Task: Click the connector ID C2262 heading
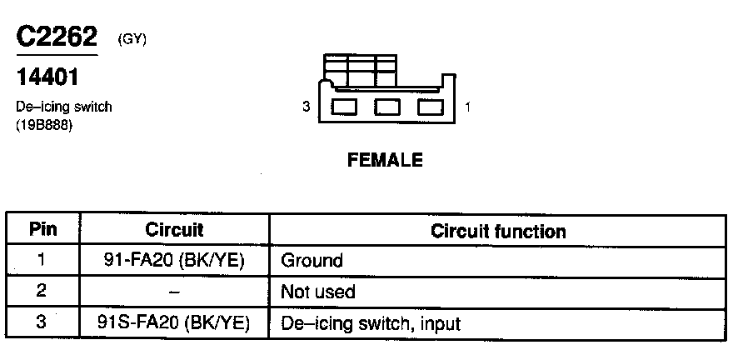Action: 57,37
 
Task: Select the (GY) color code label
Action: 132,38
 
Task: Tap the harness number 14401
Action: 48,78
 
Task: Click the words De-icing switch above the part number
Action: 64,107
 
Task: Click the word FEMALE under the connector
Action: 385,160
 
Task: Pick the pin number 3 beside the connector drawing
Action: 307,107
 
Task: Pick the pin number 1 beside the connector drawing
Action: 467,107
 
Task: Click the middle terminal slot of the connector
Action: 386,107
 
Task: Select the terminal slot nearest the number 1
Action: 430,107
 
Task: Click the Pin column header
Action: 42,230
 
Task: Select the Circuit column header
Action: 174,230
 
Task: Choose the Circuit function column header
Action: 498,231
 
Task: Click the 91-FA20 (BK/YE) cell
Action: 174,260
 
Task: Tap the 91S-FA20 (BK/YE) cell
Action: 174,322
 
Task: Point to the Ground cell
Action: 312,260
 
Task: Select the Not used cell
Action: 318,291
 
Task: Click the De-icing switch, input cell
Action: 371,322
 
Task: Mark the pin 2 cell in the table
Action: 42,291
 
